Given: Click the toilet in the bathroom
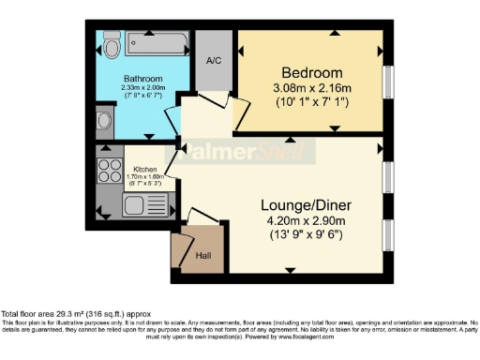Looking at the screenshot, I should point(110,45).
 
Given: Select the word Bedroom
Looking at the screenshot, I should point(312,72).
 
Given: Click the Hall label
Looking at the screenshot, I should point(203,254).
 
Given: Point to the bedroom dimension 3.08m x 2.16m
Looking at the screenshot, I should point(312,89).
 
